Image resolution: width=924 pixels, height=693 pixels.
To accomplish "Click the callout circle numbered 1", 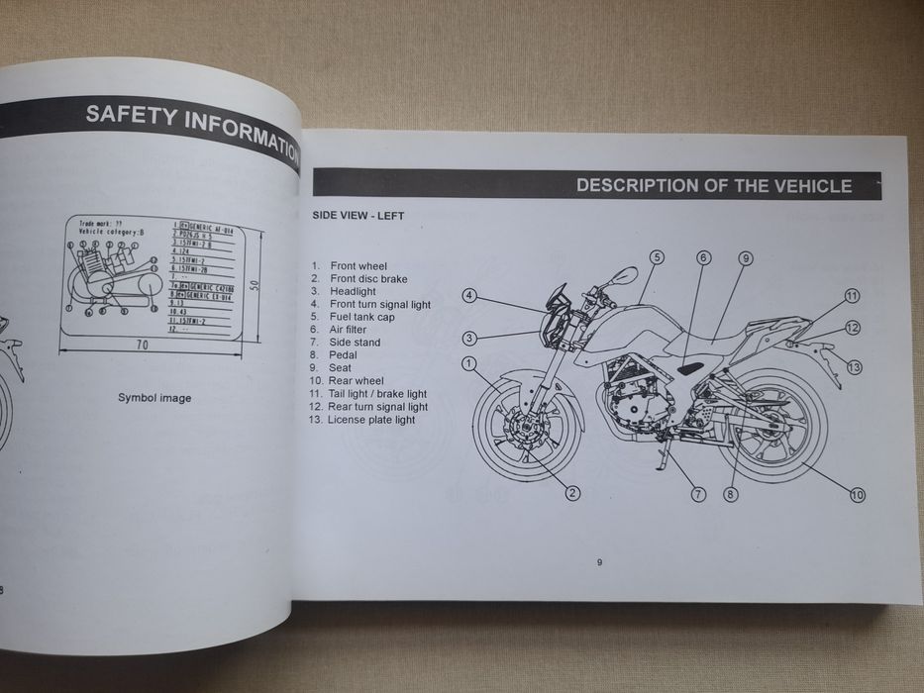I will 468,365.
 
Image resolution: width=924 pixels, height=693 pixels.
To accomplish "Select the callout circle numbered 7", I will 698,493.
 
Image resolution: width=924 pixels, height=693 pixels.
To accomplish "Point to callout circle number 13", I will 855,366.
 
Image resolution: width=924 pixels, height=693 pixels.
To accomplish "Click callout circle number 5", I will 656,257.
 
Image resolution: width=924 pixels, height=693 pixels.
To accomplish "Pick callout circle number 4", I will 469,295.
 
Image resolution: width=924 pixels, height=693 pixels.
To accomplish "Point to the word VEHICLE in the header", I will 809,185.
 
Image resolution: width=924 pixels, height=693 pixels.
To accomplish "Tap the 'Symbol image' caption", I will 154,398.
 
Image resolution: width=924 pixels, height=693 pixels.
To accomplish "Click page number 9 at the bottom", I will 599,563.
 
